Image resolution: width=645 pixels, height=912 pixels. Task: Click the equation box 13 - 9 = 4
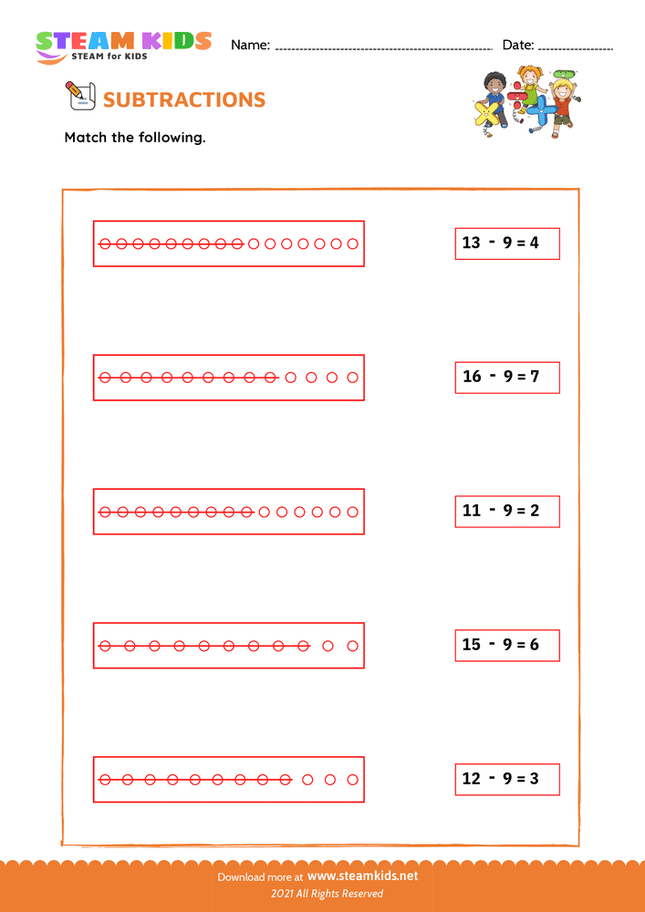[507, 244]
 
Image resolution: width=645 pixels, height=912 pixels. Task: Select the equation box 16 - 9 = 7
[507, 377]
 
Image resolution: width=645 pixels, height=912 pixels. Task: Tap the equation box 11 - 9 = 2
[507, 511]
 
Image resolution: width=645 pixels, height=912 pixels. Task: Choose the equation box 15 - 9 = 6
[507, 645]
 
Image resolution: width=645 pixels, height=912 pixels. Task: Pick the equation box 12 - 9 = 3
[507, 779]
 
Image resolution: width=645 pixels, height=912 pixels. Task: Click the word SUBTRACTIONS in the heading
[185, 100]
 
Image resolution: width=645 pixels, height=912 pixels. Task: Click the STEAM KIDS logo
[123, 45]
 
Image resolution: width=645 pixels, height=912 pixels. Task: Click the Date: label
[517, 45]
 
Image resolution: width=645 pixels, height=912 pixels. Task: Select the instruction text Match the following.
[135, 139]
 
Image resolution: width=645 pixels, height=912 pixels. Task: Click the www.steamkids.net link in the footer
[362, 876]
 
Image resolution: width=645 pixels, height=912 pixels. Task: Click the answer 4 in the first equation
[534, 244]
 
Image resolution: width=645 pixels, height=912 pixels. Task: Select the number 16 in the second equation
[472, 377]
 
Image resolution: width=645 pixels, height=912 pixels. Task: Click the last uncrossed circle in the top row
[353, 244]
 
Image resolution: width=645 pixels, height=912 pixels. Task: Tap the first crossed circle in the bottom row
[104, 780]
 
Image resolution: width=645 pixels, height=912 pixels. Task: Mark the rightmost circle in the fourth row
[353, 646]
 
